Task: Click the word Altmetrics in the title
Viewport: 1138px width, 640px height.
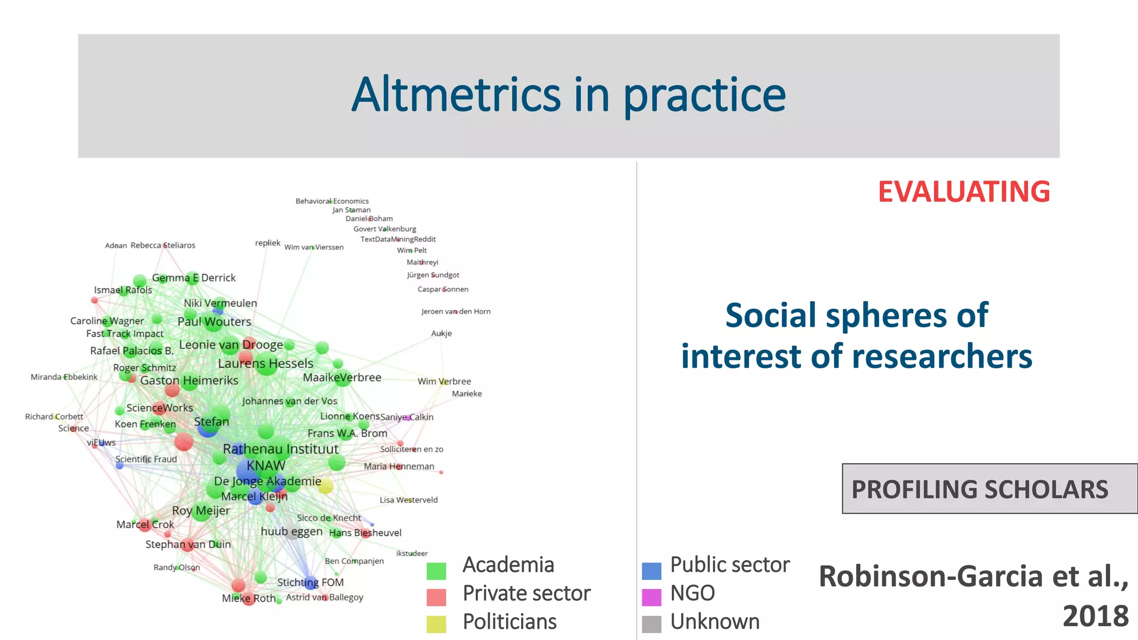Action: (x=456, y=95)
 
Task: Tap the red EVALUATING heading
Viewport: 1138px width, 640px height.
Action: (x=964, y=192)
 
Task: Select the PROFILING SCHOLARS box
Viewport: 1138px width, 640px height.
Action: (x=989, y=489)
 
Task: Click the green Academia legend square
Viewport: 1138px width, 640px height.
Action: (x=436, y=571)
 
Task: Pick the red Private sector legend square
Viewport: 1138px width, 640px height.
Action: (x=436, y=597)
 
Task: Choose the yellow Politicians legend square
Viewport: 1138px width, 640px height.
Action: (x=436, y=624)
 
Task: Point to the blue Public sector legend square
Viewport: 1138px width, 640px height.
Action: (x=651, y=571)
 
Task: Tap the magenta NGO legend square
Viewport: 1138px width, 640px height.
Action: (x=651, y=597)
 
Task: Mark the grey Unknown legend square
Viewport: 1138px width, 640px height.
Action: (x=651, y=624)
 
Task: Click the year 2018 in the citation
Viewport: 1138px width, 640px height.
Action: (x=1095, y=616)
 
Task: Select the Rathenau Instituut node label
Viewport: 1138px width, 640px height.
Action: (x=281, y=449)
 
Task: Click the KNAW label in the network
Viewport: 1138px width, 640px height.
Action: (x=266, y=466)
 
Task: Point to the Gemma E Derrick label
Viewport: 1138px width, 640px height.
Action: (x=194, y=278)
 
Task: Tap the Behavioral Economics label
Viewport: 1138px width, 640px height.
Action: (x=332, y=201)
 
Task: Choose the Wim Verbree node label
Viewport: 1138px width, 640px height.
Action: (x=444, y=381)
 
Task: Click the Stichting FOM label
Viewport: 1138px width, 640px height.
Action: (x=310, y=582)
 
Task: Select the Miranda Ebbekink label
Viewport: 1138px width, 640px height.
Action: (x=64, y=377)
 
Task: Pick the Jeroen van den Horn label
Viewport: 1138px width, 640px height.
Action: (x=456, y=312)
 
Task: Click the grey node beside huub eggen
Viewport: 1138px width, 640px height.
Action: (x=292, y=532)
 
